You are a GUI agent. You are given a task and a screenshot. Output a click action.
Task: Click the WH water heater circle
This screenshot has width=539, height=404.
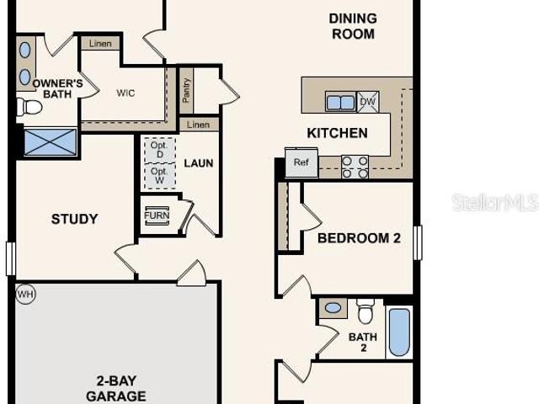click(26, 295)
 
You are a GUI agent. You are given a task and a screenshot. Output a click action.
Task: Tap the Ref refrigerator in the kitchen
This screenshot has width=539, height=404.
click(302, 162)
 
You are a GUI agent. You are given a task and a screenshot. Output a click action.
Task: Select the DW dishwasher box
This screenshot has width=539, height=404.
click(368, 102)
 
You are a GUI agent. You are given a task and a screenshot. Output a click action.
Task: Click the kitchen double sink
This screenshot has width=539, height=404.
click(340, 102)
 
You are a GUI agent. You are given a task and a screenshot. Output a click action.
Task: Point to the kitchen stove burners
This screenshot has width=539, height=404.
click(355, 167)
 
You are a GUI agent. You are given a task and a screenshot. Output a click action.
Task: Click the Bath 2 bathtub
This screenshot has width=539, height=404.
click(399, 332)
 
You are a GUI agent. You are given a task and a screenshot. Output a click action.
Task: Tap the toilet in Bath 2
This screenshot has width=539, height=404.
click(365, 311)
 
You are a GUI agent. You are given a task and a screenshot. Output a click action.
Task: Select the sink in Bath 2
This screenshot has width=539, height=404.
click(334, 308)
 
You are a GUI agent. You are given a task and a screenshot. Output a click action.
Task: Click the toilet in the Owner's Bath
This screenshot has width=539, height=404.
click(29, 107)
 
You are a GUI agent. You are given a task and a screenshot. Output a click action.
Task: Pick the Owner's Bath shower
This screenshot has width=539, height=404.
click(51, 142)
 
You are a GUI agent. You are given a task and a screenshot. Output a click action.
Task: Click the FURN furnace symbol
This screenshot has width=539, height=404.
click(157, 215)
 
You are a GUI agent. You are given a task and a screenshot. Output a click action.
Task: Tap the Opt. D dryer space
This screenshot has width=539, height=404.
click(160, 150)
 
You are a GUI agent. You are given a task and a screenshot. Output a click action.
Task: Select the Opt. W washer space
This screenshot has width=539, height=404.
click(160, 176)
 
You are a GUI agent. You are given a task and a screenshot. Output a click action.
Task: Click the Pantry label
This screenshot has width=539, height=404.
click(186, 91)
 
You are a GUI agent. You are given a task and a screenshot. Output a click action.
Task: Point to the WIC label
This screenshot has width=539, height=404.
click(125, 93)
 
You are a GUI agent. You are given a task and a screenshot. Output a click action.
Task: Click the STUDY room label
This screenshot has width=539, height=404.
click(75, 219)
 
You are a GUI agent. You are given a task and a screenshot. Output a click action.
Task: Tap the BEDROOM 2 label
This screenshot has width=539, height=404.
click(360, 238)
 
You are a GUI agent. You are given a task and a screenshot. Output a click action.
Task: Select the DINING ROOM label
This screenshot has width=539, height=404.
click(353, 26)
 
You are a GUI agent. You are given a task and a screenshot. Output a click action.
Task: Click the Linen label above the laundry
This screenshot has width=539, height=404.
click(199, 125)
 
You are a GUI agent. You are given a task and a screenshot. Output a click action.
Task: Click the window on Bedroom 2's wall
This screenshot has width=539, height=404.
click(418, 242)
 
